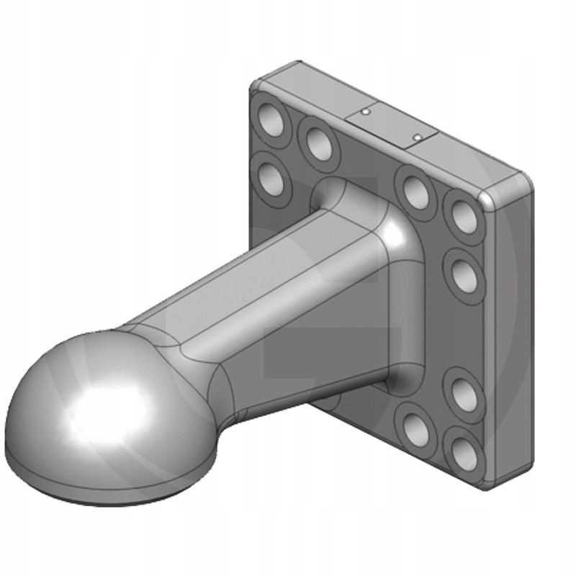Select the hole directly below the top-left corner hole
coord(269,172)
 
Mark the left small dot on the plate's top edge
coord(366,112)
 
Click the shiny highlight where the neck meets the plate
coord(393,231)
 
